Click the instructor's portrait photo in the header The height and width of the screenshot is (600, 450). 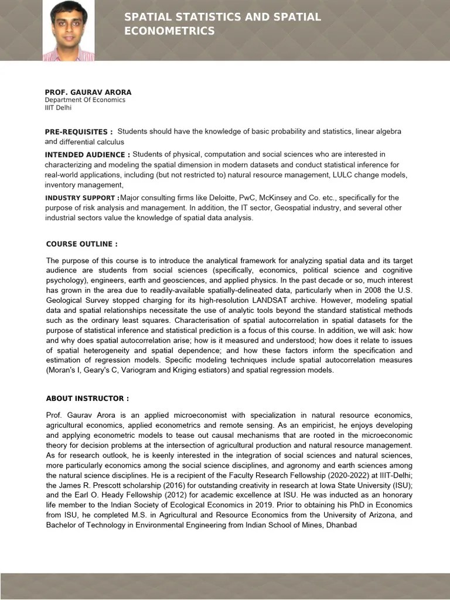click(x=68, y=30)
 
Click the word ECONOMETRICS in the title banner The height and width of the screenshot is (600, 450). click(x=169, y=31)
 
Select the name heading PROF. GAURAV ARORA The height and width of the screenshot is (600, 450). click(x=88, y=93)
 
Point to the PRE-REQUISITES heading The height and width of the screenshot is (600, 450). click(x=79, y=132)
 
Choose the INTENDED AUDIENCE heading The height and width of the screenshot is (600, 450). click(x=87, y=155)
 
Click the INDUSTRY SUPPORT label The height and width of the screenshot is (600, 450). click(x=82, y=198)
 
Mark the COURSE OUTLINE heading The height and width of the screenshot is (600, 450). click(x=81, y=244)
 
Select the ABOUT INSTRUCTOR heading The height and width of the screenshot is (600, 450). click(x=87, y=398)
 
